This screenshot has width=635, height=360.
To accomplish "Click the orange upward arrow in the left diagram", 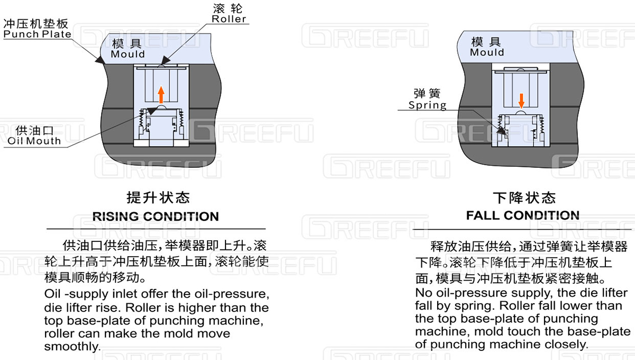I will [161, 95].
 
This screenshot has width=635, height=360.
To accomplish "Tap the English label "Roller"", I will [229, 19].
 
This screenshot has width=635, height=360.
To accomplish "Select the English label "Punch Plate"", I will [37, 34].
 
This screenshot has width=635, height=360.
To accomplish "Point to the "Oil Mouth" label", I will [34, 141].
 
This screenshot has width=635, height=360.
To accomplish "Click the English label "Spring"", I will [427, 105].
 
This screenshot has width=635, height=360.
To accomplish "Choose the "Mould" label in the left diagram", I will [128, 54].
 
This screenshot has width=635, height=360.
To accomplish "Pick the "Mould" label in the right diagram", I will [487, 52].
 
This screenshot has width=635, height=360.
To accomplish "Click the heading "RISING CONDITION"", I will [156, 217].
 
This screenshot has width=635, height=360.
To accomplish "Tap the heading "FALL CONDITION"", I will [523, 215].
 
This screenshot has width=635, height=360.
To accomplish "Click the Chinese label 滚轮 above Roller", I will [227, 8].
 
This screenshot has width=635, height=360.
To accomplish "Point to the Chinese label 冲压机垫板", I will [37, 24].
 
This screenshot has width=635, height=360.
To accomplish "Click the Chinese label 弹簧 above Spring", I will [427, 94].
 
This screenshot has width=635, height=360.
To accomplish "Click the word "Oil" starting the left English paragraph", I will [52, 294].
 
